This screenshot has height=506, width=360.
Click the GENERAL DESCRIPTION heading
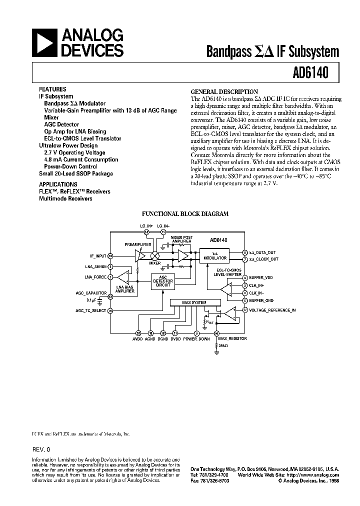coord(224,92)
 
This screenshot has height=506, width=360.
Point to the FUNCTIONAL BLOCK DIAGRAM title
coord(185,213)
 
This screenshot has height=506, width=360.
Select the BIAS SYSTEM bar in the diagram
coord(195,302)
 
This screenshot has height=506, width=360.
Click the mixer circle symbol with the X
coord(155,256)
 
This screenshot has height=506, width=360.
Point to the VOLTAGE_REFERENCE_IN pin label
coord(272,310)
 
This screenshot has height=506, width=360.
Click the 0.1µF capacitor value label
coord(90,300)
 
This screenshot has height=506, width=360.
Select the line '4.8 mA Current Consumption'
coord(81,159)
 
